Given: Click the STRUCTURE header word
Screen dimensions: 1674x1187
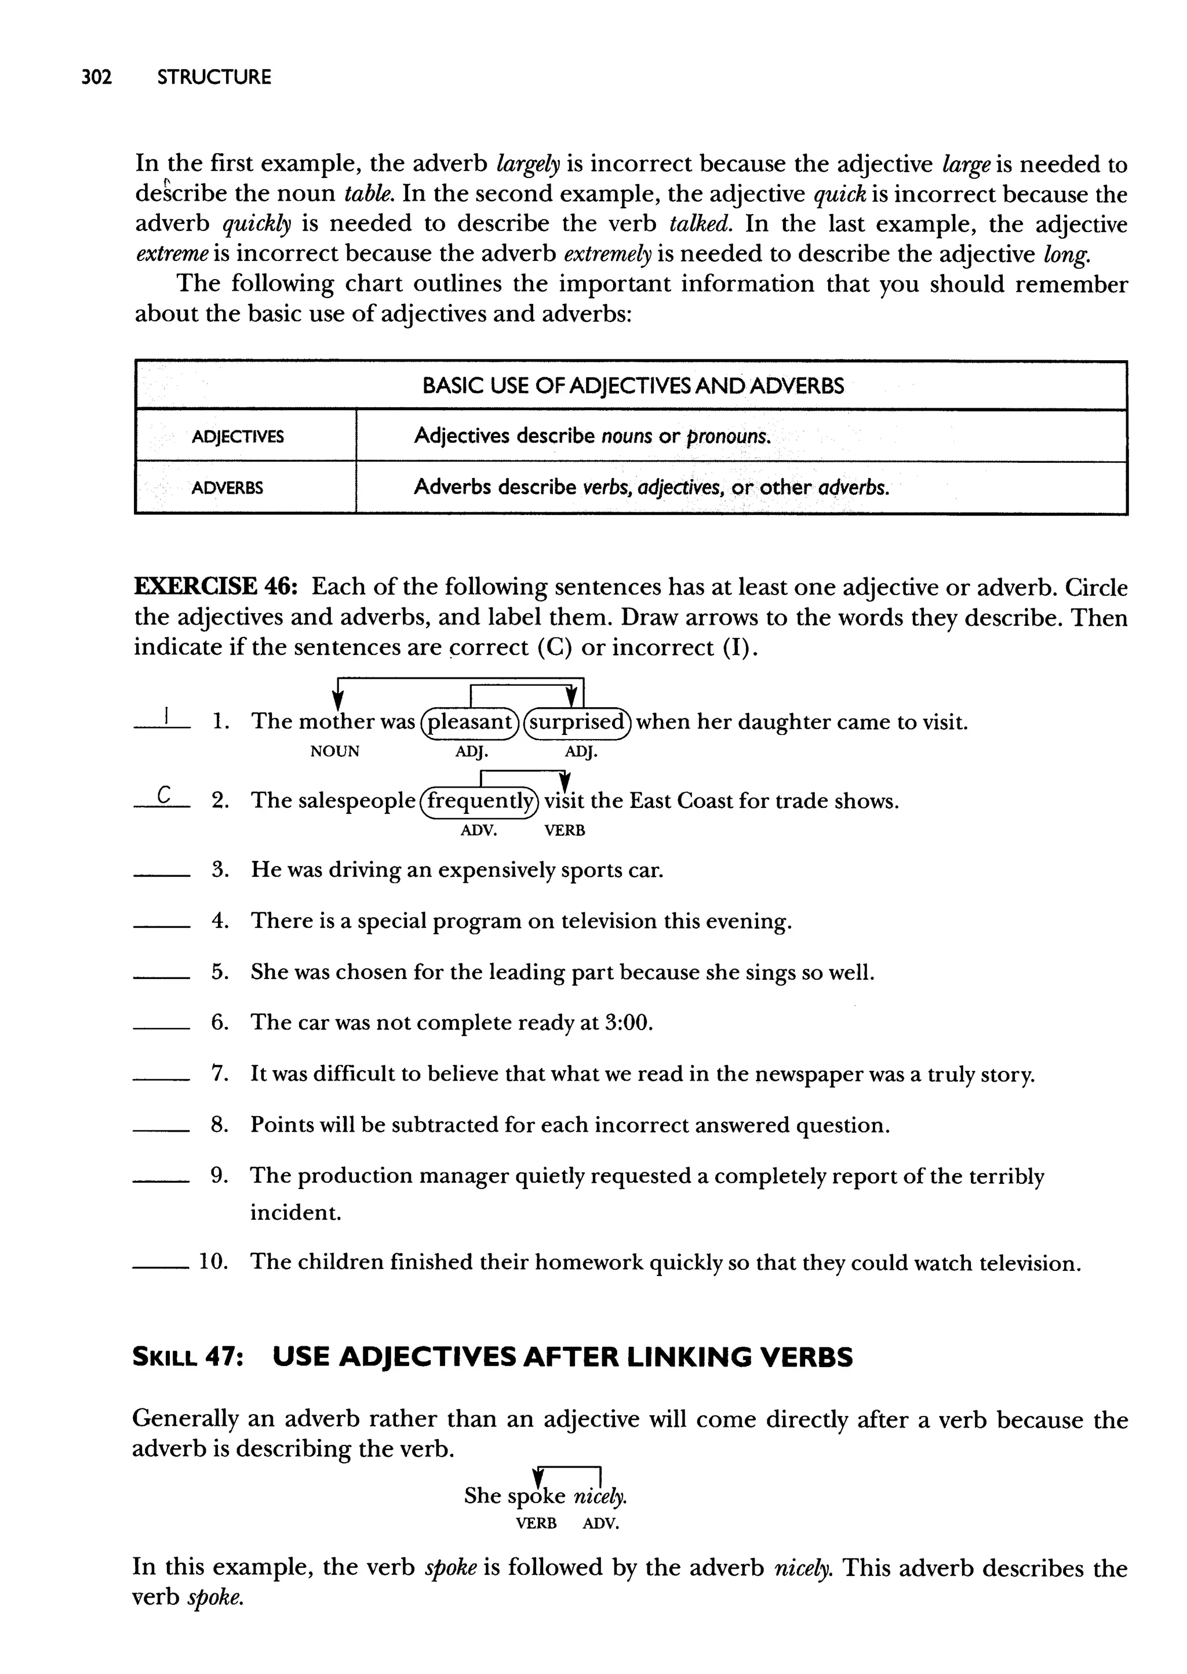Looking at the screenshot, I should pyautogui.click(x=213, y=77).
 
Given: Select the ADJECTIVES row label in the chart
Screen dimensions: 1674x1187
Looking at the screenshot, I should pyautogui.click(x=238, y=437).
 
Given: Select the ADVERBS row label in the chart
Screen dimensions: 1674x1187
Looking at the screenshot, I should pyautogui.click(x=227, y=488).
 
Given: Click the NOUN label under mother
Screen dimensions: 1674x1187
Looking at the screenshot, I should pyautogui.click(x=335, y=751).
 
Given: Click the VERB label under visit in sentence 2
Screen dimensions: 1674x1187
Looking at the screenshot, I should pyautogui.click(x=565, y=831).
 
